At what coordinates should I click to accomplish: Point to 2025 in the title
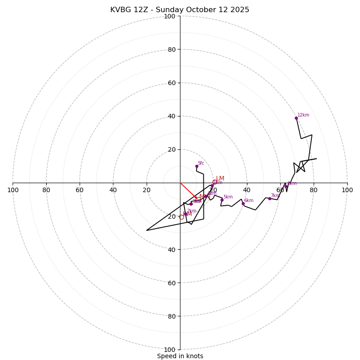[239, 10]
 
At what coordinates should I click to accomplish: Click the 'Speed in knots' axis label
[180, 356]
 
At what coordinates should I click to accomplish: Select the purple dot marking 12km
[296, 118]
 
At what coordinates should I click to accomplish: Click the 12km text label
[303, 115]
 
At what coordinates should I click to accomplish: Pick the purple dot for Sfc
[197, 166]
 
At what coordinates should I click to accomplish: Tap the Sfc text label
[201, 163]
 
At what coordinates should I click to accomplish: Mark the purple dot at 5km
[222, 200]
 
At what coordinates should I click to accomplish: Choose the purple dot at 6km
[243, 203]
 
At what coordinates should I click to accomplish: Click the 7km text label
[275, 195]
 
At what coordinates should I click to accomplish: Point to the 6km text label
[249, 200]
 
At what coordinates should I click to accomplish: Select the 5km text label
[228, 197]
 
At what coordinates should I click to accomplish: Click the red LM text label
[220, 178]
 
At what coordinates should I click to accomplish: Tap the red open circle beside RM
[181, 217]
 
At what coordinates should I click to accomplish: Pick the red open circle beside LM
[215, 182]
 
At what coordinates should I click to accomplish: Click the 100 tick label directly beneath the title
[170, 16]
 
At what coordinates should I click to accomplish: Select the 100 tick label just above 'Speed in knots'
[170, 349]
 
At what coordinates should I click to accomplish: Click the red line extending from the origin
[188, 190]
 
